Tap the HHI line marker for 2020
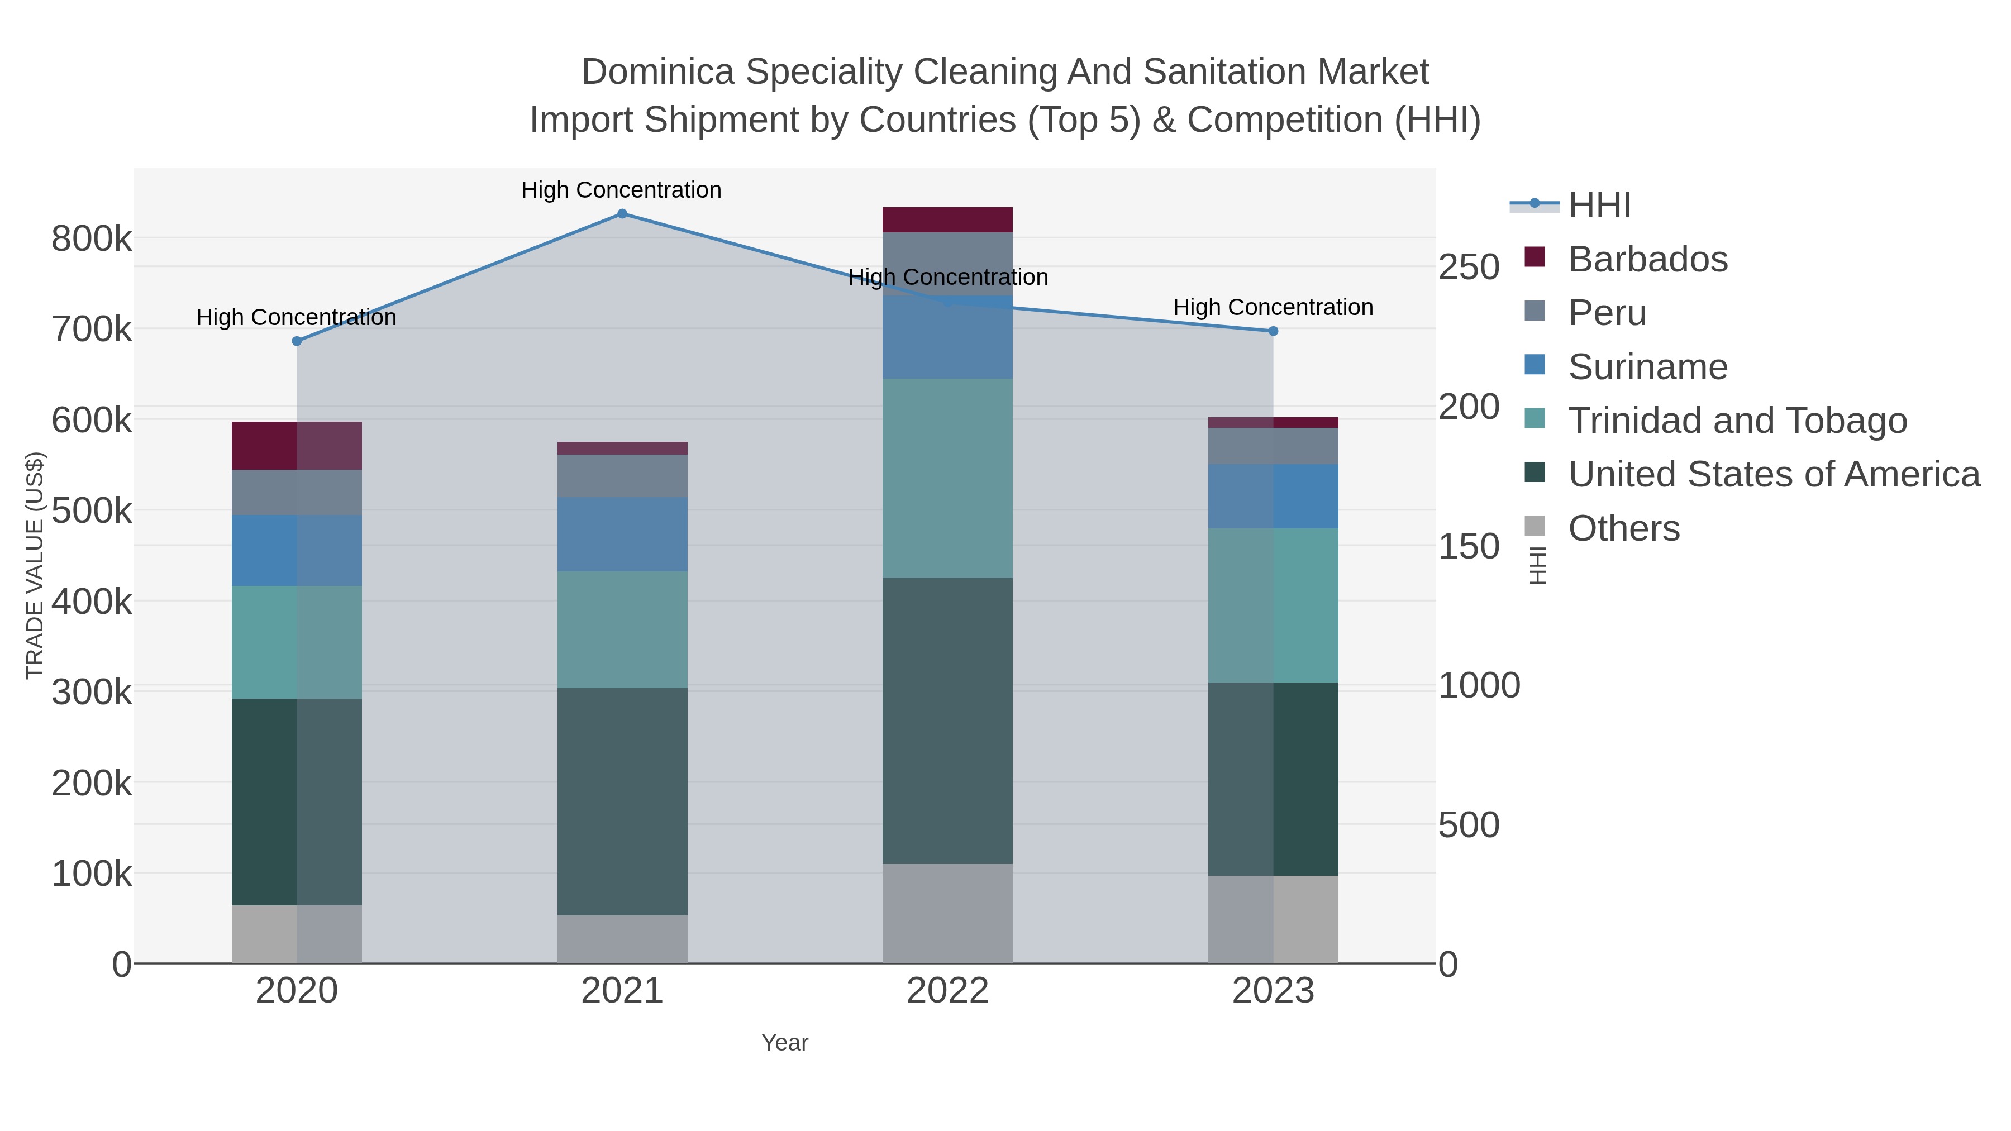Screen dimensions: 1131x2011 pyautogui.click(x=297, y=341)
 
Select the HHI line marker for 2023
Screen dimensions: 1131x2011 pyautogui.click(x=1273, y=331)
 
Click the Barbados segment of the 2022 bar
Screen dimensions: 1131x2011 pyautogui.click(x=947, y=219)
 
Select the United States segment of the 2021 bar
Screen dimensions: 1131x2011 pyautogui.click(x=622, y=801)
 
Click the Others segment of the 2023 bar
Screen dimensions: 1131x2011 pyautogui.click(x=1273, y=919)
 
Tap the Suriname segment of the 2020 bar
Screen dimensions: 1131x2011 pyautogui.click(x=297, y=550)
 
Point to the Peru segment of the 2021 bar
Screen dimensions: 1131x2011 pyautogui.click(x=622, y=475)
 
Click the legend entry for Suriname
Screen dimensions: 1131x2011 pyautogui.click(x=1647, y=367)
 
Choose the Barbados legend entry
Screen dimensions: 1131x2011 pyautogui.click(x=1647, y=259)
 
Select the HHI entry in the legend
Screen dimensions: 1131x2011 pyautogui.click(x=1599, y=206)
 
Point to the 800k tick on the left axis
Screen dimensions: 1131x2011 pyautogui.click(x=92, y=239)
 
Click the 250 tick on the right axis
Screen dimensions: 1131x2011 pyautogui.click(x=1469, y=267)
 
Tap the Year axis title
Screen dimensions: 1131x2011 pyautogui.click(x=785, y=1043)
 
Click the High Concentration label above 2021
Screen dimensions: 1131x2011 pyautogui.click(x=621, y=190)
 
